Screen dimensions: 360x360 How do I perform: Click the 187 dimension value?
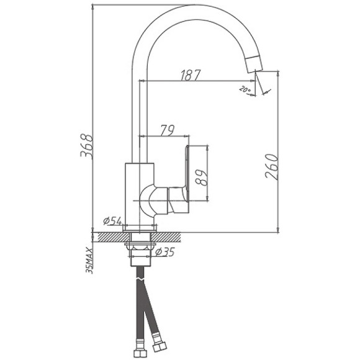click(x=191, y=74)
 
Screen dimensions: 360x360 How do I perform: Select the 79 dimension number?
click(x=166, y=129)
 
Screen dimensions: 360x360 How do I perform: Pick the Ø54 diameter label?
click(x=112, y=220)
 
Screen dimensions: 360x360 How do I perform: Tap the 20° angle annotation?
click(x=245, y=89)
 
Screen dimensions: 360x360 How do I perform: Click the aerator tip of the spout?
click(x=254, y=62)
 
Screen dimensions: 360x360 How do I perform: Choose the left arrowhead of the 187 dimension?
click(x=144, y=81)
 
